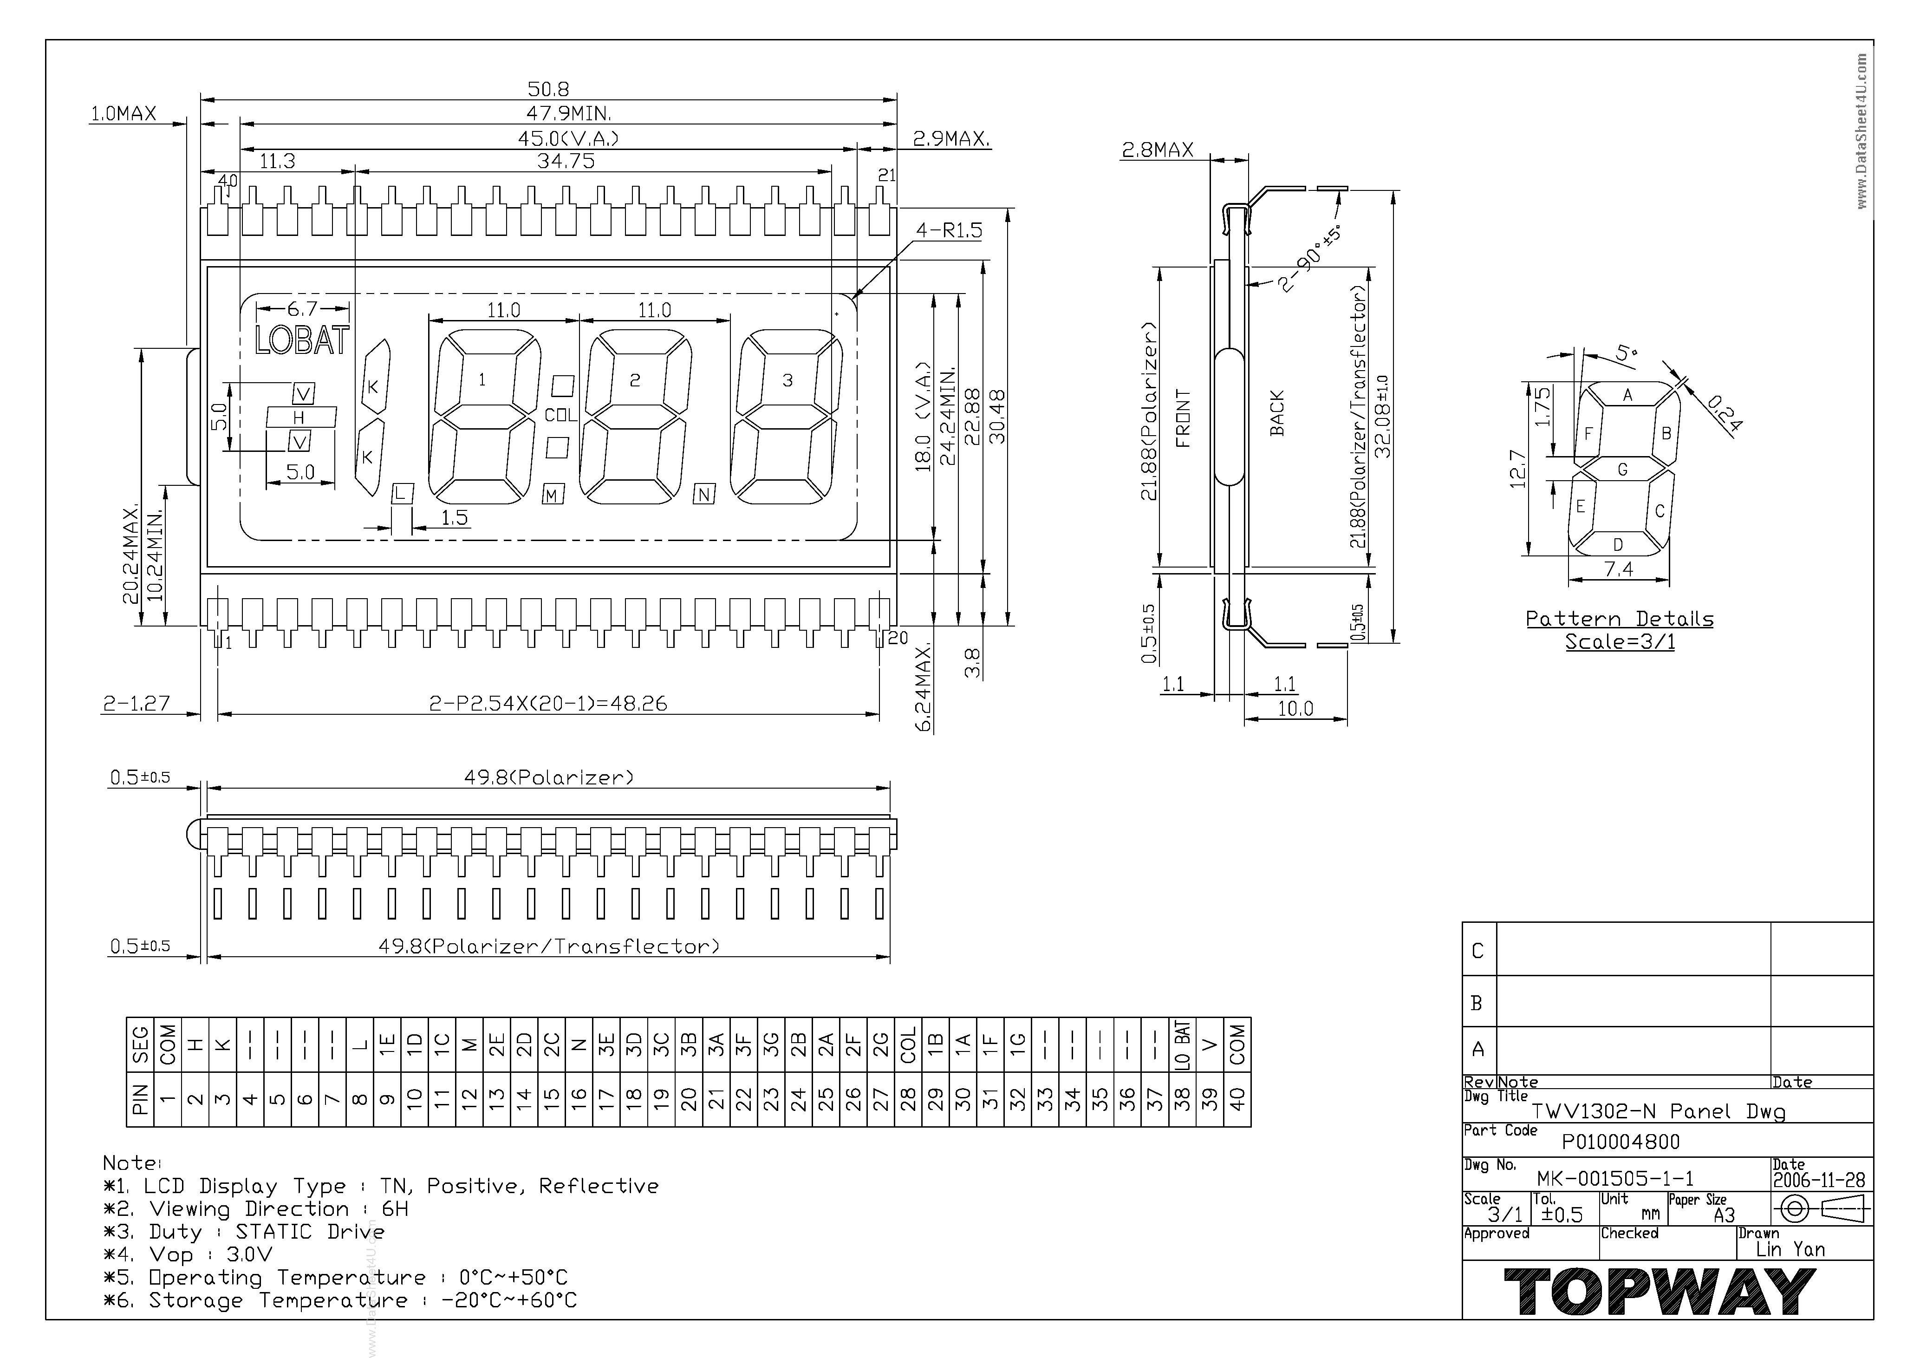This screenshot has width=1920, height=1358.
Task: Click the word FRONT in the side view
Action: tap(1183, 418)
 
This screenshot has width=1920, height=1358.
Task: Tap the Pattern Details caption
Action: tap(1620, 619)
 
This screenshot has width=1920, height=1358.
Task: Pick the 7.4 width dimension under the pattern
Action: tap(1618, 569)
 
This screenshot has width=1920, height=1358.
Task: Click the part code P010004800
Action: tap(1621, 1142)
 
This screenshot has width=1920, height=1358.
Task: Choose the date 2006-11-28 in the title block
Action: tap(1819, 1180)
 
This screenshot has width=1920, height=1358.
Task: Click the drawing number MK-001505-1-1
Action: tap(1615, 1178)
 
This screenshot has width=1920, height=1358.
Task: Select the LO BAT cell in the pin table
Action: tap(1182, 1045)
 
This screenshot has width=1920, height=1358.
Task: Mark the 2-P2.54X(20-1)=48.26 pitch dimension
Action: tap(548, 703)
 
